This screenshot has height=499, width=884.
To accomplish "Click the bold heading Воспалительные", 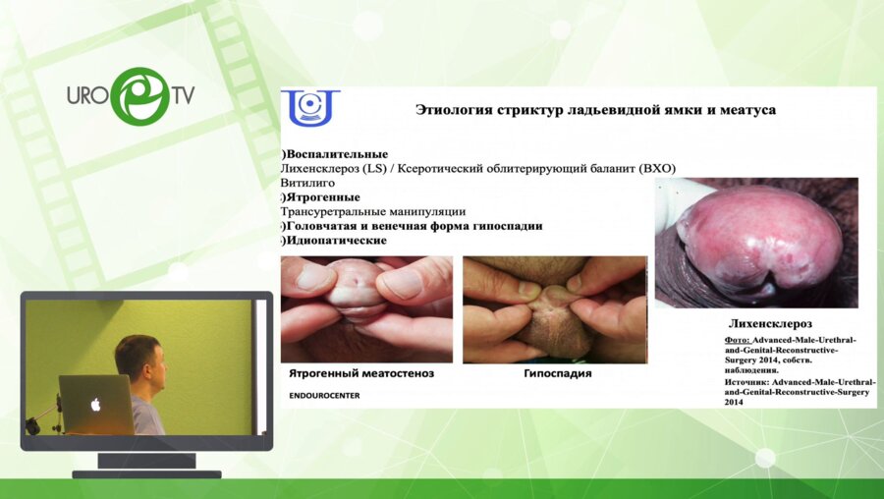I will click(337, 154).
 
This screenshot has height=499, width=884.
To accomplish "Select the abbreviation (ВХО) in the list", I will click(656, 169).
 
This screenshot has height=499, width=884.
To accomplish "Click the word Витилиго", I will click(307, 183).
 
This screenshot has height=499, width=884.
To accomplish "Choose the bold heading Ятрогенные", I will click(323, 196).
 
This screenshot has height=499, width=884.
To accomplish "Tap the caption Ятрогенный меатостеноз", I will click(361, 374).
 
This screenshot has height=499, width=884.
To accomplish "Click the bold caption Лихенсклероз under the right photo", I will click(771, 322).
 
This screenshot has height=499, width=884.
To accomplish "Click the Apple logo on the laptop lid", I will click(96, 404).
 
